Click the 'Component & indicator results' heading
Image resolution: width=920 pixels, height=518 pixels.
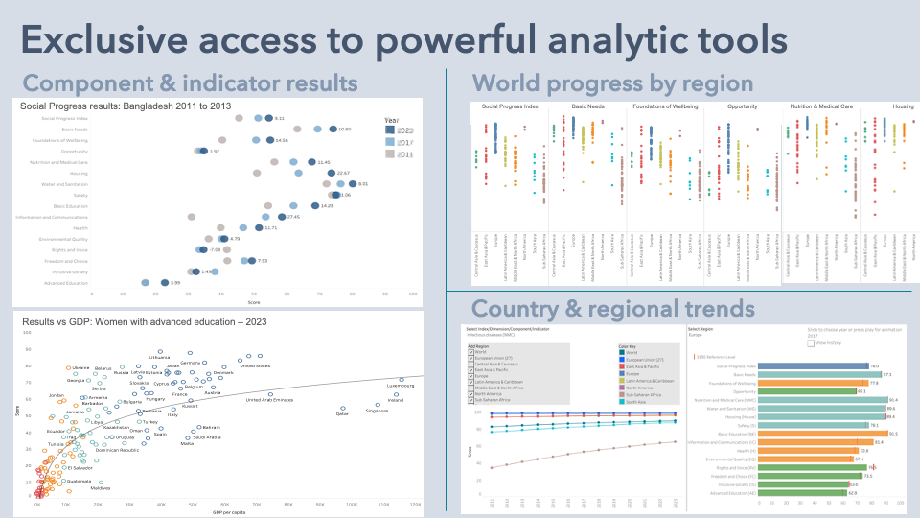[182, 82]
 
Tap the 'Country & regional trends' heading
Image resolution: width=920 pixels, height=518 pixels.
[613, 309]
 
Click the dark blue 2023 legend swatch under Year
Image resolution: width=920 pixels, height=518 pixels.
[390, 129]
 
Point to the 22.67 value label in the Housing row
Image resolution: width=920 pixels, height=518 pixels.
[344, 173]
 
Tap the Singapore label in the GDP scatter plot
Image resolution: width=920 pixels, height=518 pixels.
[377, 412]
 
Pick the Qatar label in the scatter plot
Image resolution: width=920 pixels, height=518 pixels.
[342, 414]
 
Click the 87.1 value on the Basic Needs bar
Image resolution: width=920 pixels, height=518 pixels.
[887, 374]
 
